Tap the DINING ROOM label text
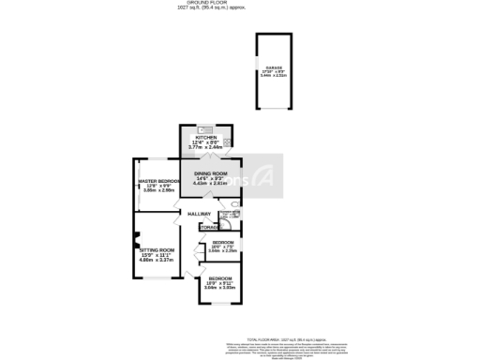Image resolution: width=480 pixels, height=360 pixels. (211, 174)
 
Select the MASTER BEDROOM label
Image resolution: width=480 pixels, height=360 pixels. (158, 181)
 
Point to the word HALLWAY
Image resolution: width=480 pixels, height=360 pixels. (200, 215)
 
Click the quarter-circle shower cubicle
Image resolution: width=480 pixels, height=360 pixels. (221, 225)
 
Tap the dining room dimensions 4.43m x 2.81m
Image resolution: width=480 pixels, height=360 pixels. (211, 184)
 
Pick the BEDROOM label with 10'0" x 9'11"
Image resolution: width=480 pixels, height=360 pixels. (220, 280)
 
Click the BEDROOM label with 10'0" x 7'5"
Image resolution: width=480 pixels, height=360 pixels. (222, 242)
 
